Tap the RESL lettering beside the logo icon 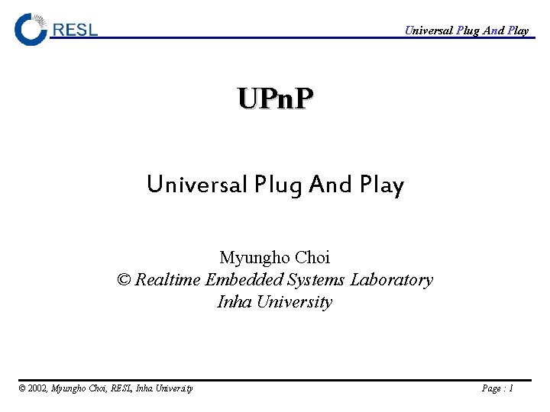75,31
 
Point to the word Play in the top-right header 517,31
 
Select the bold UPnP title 275,99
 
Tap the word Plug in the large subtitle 280,185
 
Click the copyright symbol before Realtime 124,280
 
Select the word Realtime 168,280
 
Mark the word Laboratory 391,280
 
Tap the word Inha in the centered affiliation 235,302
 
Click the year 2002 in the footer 38,388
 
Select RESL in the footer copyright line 121,388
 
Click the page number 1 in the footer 510,388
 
